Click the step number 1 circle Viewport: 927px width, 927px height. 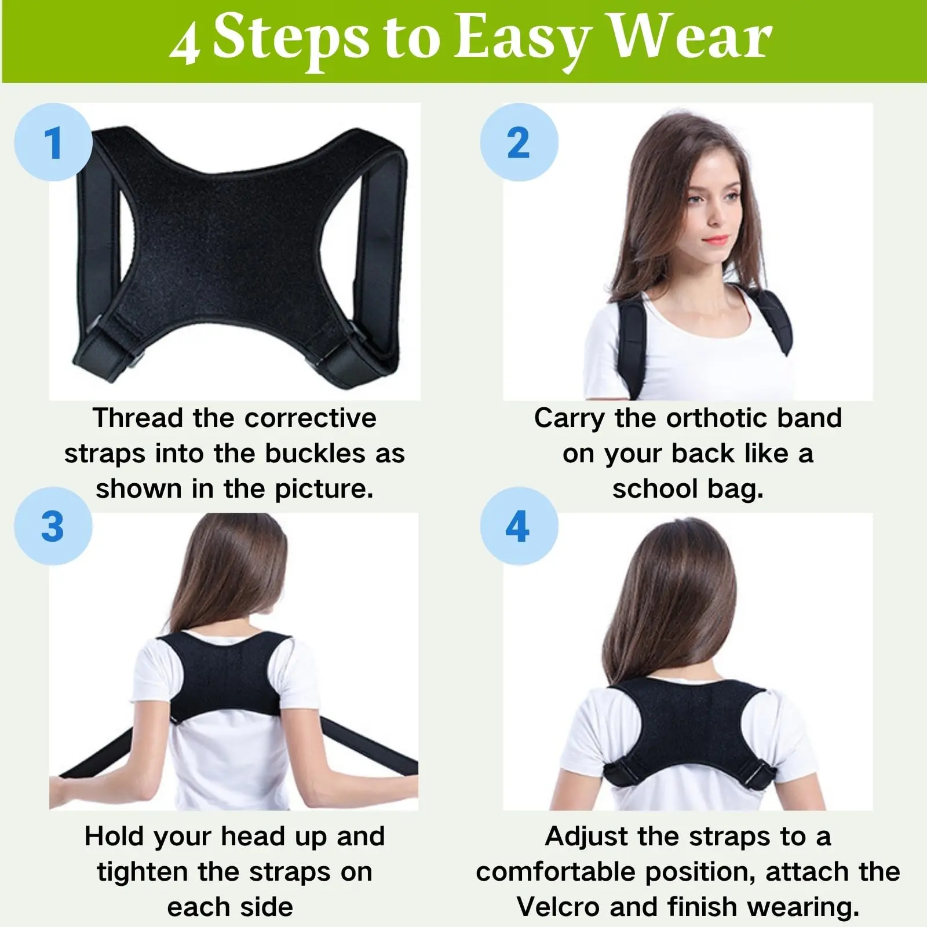(x=53, y=143)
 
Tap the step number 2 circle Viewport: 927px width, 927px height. (x=519, y=143)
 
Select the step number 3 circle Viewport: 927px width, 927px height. (x=53, y=526)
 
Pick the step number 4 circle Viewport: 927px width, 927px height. (x=519, y=526)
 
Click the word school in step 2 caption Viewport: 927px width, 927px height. (x=655, y=489)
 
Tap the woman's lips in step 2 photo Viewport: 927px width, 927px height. (x=717, y=239)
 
